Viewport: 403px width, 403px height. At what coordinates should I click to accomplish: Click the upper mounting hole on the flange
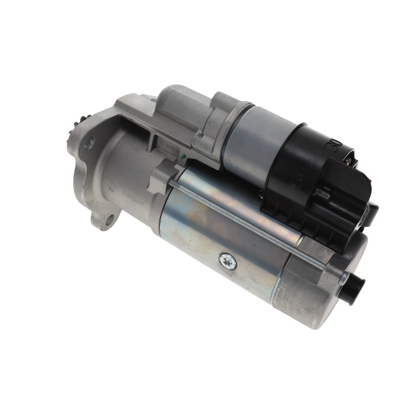point(89,142)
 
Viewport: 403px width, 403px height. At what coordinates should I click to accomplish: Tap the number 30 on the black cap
point(331,149)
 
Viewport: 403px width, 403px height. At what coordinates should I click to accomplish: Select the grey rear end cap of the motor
point(315,290)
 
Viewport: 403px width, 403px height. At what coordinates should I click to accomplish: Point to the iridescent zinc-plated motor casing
point(214,233)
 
